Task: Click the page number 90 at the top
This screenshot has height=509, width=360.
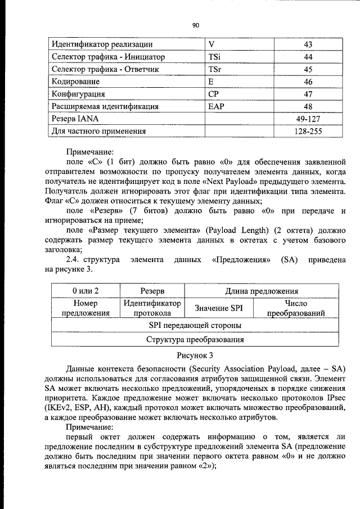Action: [x=196, y=25]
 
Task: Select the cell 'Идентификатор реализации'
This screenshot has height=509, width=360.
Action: [x=102, y=44]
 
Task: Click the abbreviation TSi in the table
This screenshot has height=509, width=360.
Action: [x=214, y=57]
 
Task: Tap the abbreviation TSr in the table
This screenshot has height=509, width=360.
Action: [x=214, y=69]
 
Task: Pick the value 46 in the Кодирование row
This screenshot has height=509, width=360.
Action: [x=308, y=82]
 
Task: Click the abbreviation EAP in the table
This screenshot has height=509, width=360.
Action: [x=217, y=106]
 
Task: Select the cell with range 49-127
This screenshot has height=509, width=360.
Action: [x=308, y=119]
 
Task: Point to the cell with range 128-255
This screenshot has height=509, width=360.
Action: [x=308, y=131]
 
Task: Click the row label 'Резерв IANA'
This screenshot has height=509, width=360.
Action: [x=78, y=119]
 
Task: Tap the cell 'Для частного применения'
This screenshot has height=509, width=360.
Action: [x=99, y=131]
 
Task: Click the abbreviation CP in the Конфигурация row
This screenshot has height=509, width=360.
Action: [x=213, y=94]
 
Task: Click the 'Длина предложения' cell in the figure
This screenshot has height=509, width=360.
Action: [x=262, y=291]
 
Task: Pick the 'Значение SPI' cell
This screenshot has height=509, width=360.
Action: [x=218, y=308]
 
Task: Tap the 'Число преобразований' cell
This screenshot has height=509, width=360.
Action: [x=296, y=308]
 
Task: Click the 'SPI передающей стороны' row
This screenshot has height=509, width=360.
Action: [x=195, y=326]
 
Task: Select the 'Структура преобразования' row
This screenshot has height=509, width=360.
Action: [x=195, y=340]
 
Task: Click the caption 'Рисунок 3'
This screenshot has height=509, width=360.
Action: [x=195, y=355]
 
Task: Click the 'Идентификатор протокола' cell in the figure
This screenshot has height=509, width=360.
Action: [x=152, y=308]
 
